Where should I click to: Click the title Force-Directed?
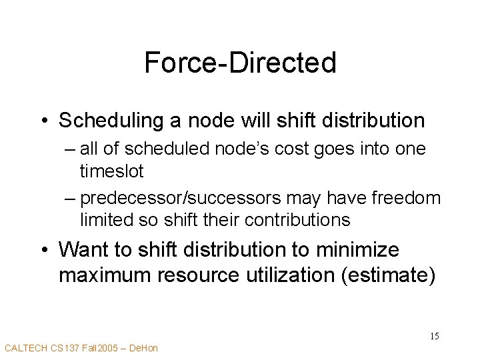[x=240, y=63]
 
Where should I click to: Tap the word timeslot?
[x=111, y=171]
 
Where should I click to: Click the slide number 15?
[x=434, y=335]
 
